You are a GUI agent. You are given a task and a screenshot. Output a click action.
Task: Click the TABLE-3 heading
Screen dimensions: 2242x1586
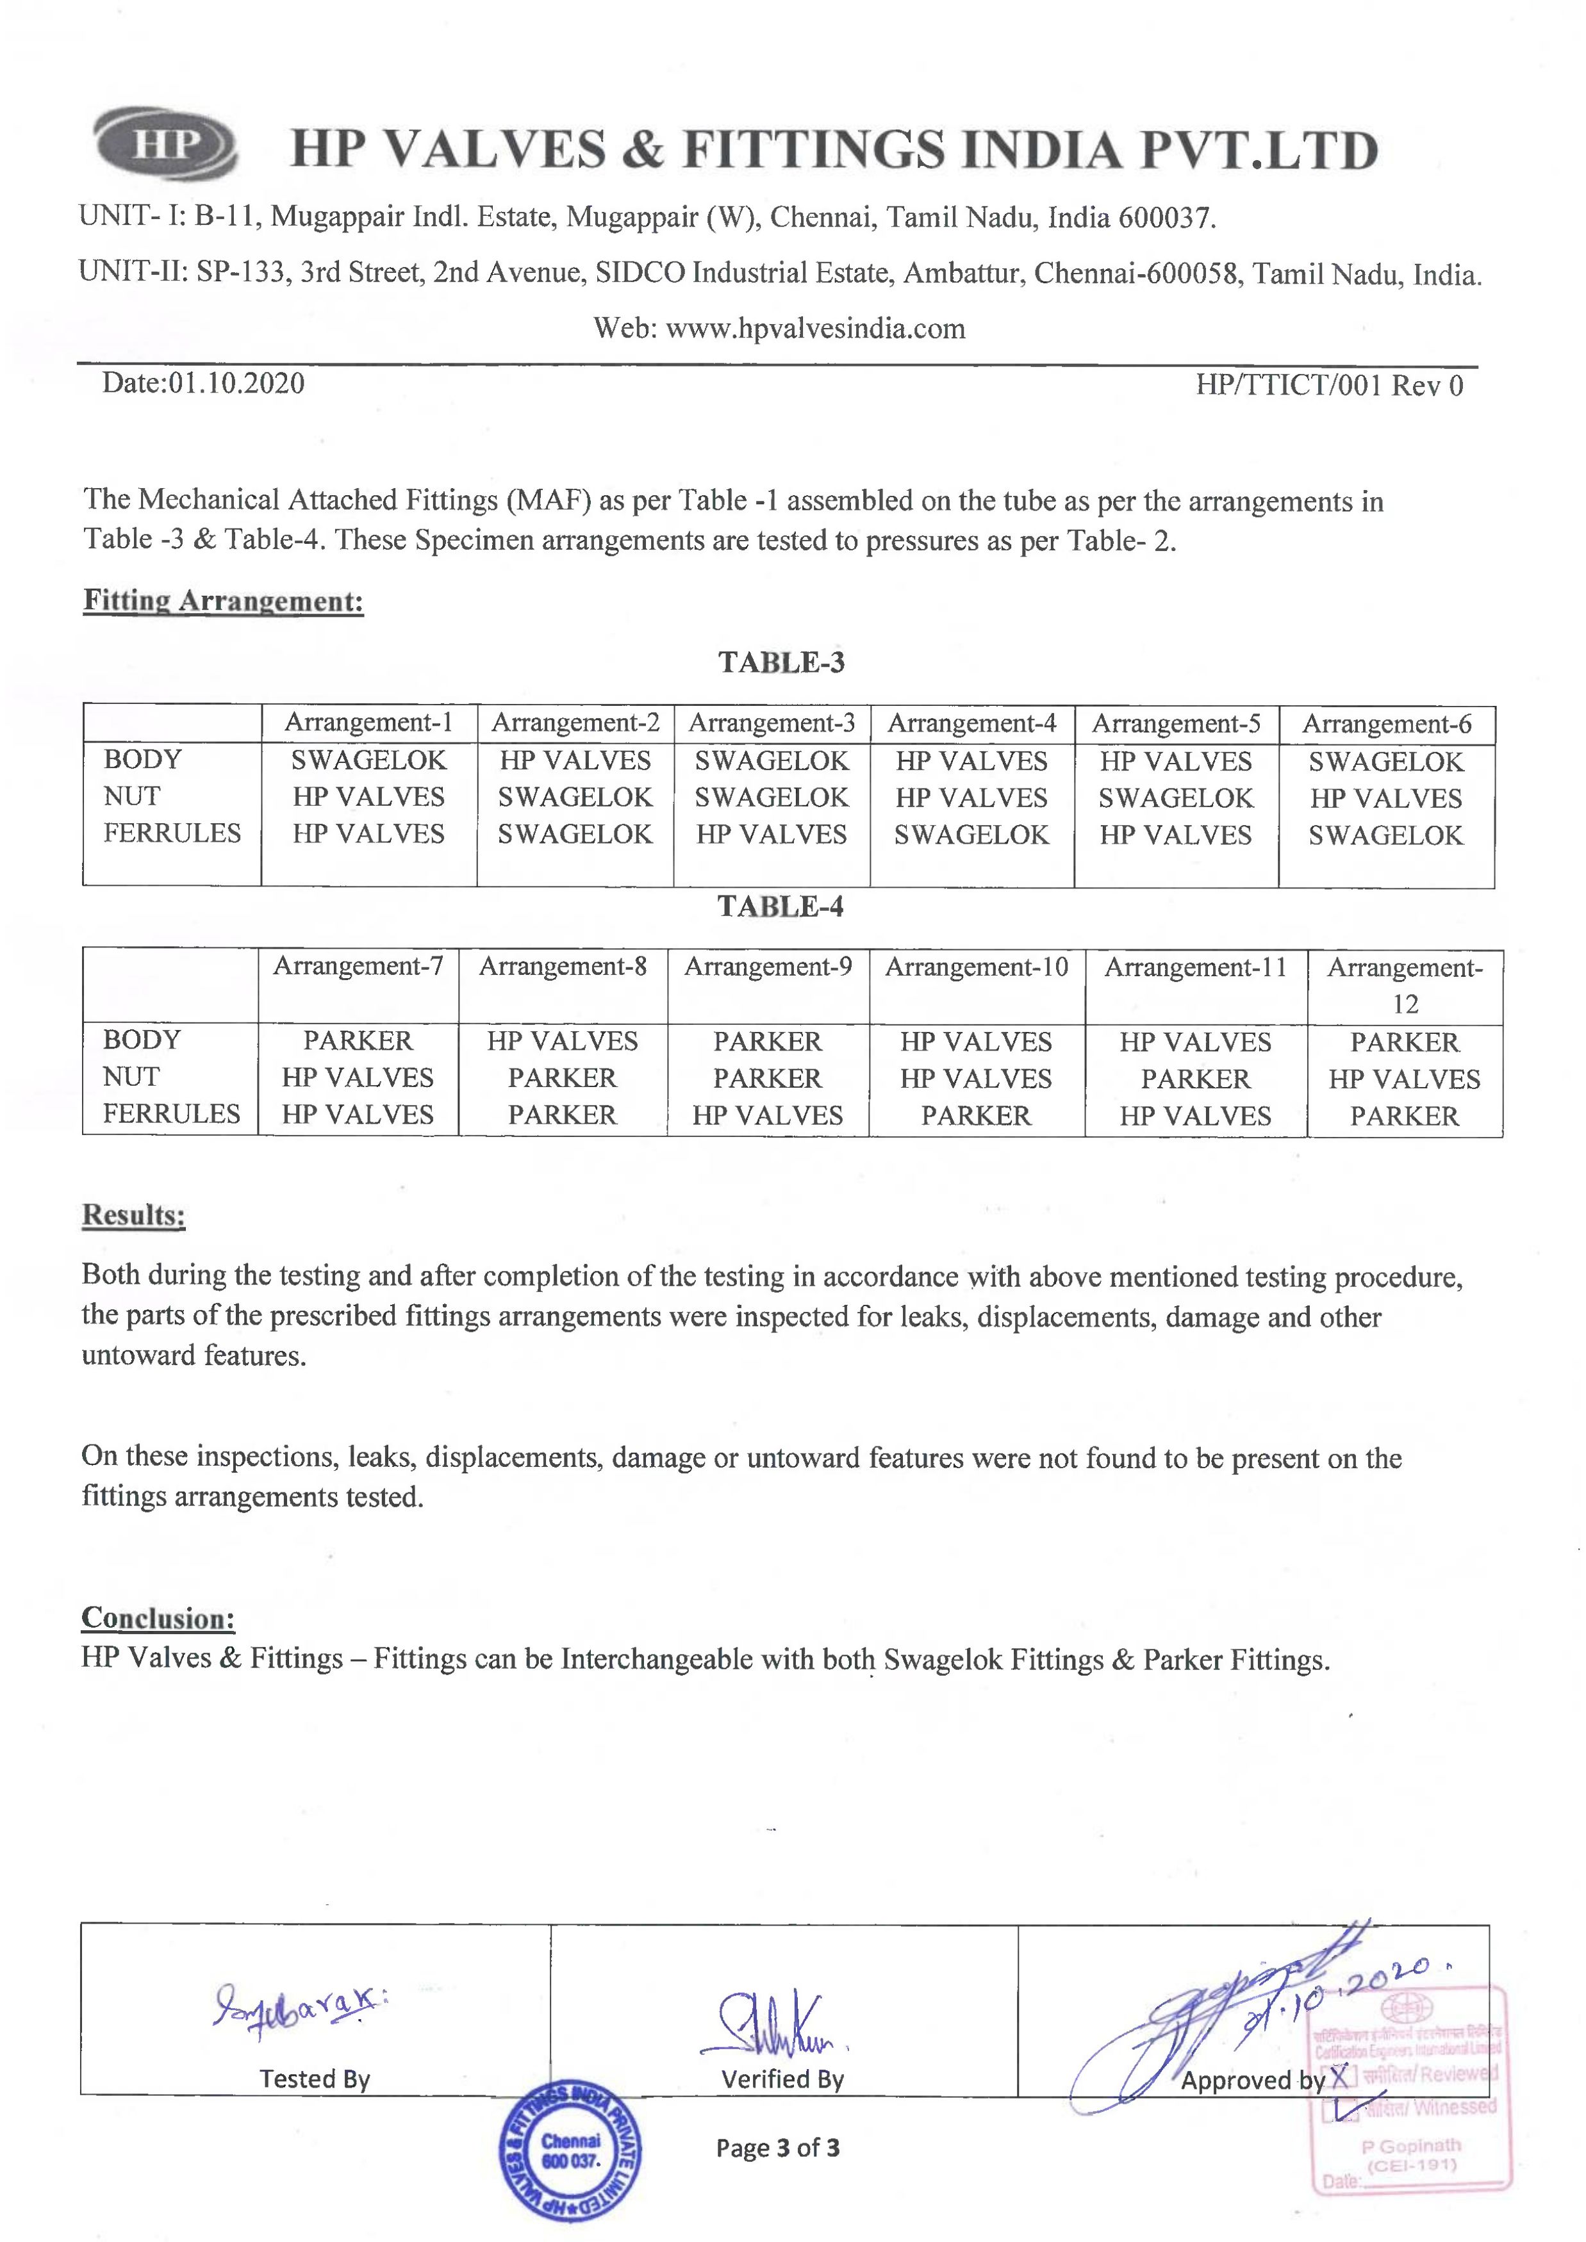[x=781, y=663]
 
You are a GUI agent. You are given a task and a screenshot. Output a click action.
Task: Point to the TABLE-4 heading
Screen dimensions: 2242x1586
[x=781, y=907]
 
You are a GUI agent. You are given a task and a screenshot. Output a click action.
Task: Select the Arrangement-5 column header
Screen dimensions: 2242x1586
[x=1176, y=724]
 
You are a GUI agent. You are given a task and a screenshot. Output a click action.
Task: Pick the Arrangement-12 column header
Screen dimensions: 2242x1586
[x=1405, y=985]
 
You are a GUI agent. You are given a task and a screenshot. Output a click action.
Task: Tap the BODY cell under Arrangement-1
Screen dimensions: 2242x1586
[x=368, y=761]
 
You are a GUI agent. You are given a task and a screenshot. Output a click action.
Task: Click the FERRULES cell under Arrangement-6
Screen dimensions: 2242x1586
[x=1386, y=836]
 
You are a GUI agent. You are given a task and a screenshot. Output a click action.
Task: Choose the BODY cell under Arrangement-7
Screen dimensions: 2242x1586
[x=358, y=1041]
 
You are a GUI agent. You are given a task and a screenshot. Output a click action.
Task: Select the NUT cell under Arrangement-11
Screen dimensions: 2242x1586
[x=1195, y=1079]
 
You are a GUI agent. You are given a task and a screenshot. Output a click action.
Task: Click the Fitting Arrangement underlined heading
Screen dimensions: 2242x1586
[x=224, y=601]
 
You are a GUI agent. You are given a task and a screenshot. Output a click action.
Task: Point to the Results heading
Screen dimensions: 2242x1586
[x=134, y=1216]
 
